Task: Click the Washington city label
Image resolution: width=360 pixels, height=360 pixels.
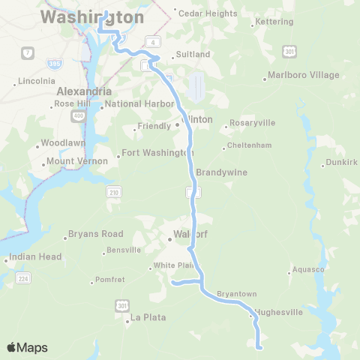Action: pos(92,17)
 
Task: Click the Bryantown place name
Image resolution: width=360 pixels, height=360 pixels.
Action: pos(236,293)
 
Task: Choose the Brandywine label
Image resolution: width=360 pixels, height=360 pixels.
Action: pos(221,172)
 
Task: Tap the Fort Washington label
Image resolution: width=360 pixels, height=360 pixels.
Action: pos(157,153)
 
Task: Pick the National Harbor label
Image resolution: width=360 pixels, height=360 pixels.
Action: pos(136,104)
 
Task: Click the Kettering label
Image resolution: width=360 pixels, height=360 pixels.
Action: pos(274,22)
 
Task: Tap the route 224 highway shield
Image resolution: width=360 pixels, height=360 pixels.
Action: pos(23,280)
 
